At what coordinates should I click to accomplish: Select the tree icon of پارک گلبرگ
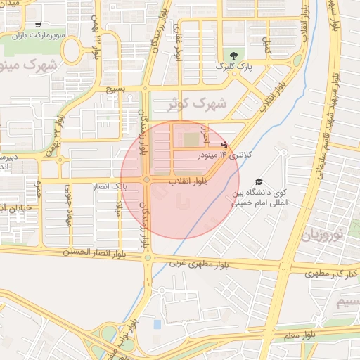point(233,56)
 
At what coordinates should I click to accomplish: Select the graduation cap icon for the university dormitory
point(259,182)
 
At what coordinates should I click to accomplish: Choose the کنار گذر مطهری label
point(330,271)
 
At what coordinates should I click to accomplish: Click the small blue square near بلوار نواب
point(157,325)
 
